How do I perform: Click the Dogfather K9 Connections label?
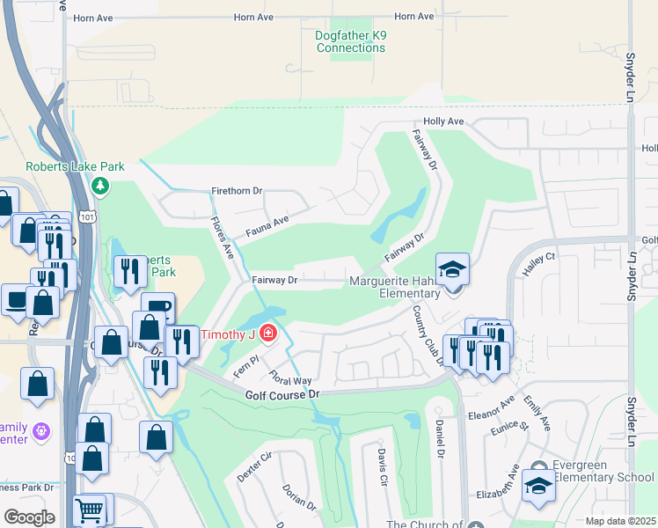click(x=350, y=41)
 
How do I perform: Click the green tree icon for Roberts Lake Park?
click(x=100, y=186)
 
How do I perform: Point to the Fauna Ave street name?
click(x=268, y=224)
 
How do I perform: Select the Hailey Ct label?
click(x=540, y=265)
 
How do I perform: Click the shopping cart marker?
click(x=91, y=510)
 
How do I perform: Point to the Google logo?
click(x=29, y=517)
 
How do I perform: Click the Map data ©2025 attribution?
click(x=620, y=521)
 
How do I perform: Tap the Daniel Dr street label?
click(x=437, y=440)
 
